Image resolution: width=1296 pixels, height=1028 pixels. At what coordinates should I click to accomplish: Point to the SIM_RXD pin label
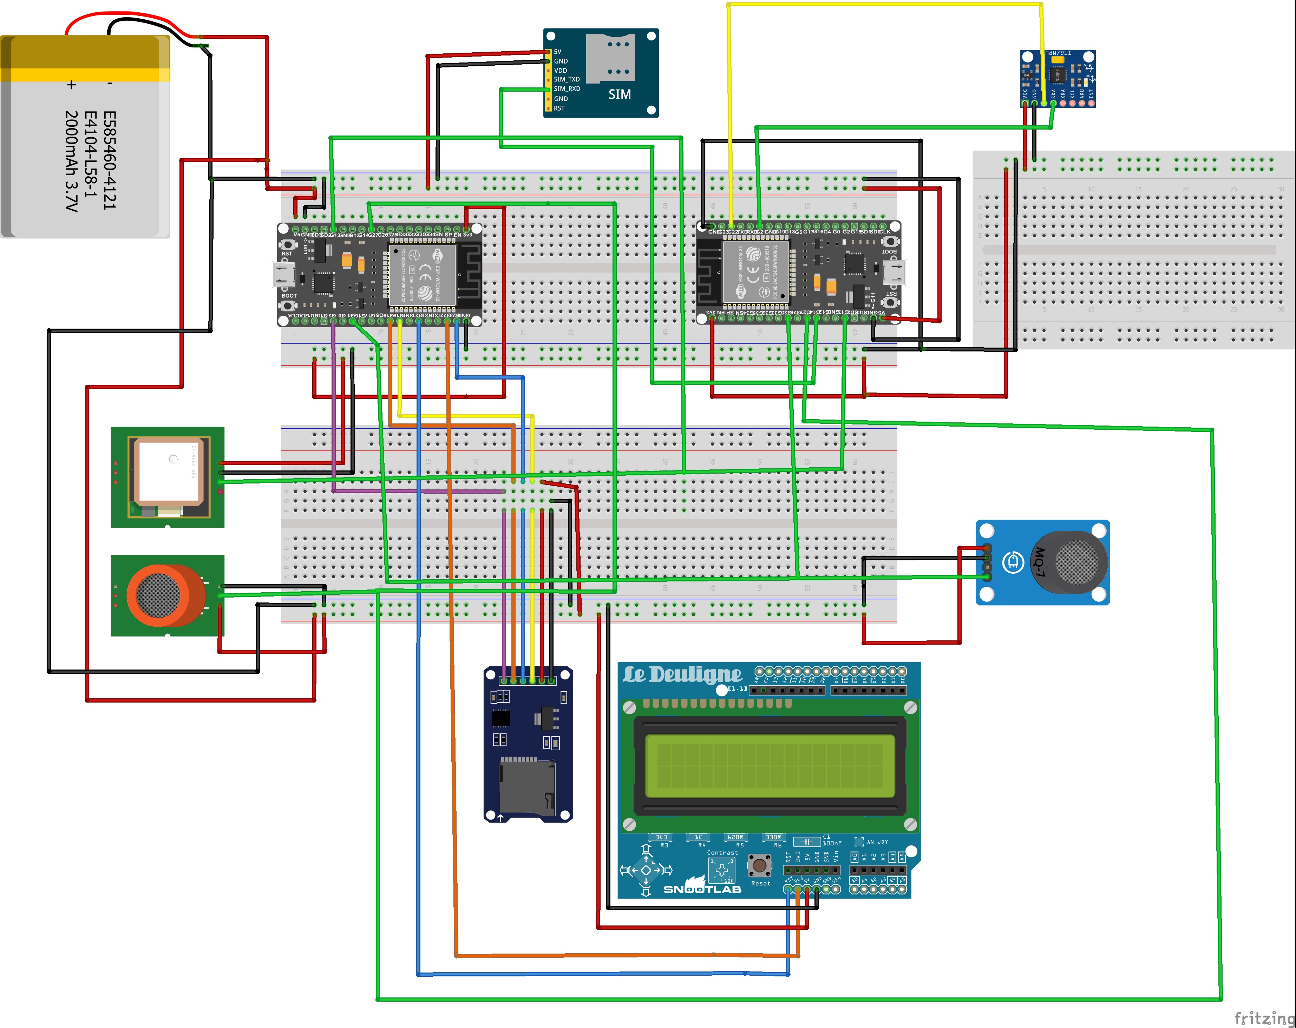(566, 89)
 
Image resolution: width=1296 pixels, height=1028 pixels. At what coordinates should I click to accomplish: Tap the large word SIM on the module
(619, 94)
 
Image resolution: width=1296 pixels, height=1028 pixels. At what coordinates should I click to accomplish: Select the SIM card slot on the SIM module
(608, 58)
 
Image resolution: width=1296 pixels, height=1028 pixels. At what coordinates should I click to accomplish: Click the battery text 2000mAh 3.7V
(71, 161)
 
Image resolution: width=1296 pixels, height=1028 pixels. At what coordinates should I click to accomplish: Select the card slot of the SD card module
(526, 787)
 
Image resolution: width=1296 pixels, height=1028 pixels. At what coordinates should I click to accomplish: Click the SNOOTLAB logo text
(702, 889)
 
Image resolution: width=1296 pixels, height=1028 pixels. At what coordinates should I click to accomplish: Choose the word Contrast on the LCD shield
(722, 852)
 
